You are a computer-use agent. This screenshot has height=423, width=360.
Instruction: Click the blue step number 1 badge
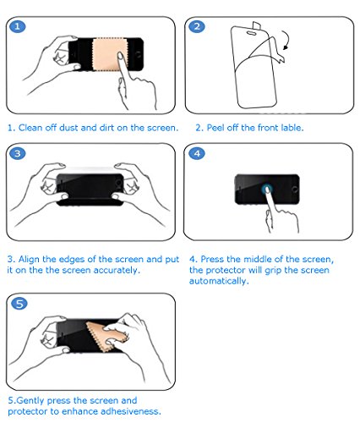[x=18, y=26]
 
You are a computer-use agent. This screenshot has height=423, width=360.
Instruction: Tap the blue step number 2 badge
[x=197, y=26]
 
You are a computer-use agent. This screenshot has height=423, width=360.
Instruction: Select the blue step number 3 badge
[x=18, y=153]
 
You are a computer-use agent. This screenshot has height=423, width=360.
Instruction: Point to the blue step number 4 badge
[x=197, y=153]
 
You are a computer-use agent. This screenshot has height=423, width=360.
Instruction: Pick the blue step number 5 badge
[x=19, y=304]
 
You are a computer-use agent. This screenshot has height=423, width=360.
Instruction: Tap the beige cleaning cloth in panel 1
[x=108, y=54]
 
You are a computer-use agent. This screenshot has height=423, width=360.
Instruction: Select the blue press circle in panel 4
[x=267, y=190]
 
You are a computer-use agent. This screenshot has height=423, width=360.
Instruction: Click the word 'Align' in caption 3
[x=29, y=259]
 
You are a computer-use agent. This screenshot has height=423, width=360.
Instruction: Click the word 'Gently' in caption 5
[x=30, y=400]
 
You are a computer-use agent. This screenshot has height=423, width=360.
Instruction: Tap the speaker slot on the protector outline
[x=251, y=33]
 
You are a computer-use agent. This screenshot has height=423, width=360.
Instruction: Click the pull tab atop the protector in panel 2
[x=256, y=25]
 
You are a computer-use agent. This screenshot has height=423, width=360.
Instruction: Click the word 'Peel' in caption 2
[x=215, y=128]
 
